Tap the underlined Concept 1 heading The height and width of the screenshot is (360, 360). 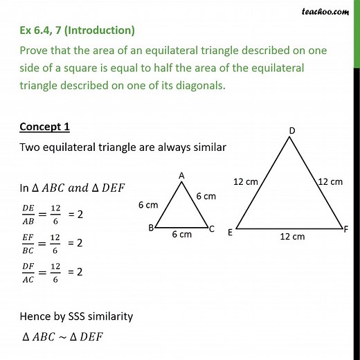tap(43, 127)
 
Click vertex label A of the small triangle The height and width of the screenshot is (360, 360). tap(181, 176)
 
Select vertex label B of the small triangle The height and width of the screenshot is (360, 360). tap(150, 227)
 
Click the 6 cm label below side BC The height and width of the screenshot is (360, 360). tap(181, 235)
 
